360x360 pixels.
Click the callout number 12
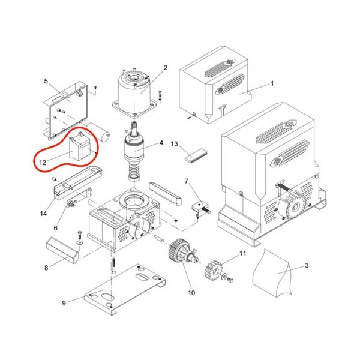43,163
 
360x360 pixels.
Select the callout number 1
272,83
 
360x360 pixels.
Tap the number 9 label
64,303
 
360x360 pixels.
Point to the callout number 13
175,144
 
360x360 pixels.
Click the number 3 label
307,265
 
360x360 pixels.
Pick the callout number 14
43,214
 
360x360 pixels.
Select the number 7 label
186,181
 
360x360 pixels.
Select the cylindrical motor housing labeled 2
134,91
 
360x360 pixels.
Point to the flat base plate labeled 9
125,289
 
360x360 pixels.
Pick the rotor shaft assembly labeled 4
134,152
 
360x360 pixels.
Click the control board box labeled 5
65,110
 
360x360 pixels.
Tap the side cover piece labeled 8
62,250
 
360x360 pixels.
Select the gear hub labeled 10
182,252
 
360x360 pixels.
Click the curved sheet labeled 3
272,273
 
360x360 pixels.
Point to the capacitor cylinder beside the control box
99,131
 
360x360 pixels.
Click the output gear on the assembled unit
292,205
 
